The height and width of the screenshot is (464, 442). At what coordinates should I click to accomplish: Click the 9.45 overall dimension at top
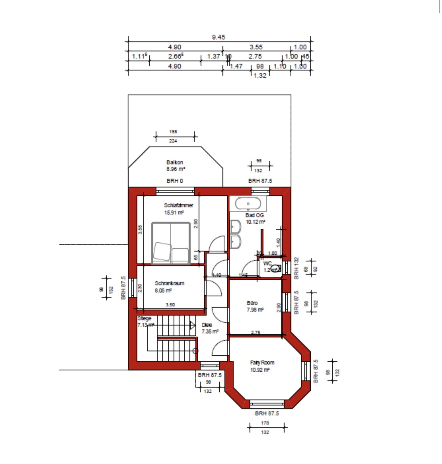(219, 37)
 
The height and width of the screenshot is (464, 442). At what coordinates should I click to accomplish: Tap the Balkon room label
(175, 162)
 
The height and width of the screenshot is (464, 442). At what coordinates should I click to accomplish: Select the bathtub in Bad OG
(248, 204)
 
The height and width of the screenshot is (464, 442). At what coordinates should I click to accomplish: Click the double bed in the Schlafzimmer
(171, 243)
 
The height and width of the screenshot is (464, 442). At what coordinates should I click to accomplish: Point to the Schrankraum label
(169, 283)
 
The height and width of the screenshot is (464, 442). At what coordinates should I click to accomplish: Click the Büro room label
(252, 303)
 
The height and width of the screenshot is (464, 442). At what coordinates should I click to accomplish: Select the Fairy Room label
(262, 363)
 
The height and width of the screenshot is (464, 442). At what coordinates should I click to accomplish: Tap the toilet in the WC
(276, 268)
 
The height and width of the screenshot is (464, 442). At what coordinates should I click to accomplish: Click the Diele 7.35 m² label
(210, 328)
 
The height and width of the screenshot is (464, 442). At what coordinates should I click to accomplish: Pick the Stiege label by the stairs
(144, 319)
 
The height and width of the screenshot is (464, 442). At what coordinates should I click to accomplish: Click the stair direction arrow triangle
(193, 325)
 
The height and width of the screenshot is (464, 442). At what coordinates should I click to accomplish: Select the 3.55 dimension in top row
(256, 47)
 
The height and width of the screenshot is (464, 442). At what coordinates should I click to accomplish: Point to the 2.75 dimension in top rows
(255, 56)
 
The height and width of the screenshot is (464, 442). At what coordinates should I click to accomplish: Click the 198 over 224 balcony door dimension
(173, 136)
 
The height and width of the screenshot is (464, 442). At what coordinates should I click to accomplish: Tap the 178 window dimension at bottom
(265, 423)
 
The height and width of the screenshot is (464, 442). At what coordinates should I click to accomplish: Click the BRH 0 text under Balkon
(175, 181)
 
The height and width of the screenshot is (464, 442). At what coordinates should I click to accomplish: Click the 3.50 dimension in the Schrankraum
(170, 305)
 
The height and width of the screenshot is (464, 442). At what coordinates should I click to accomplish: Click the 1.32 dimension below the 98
(260, 76)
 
